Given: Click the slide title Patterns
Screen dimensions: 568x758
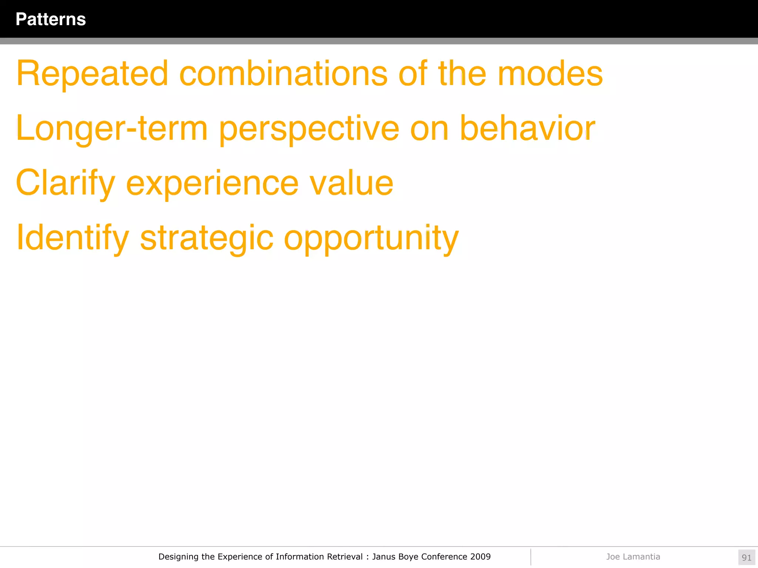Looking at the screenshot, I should (x=51, y=19).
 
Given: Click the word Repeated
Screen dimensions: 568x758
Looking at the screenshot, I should (x=93, y=74).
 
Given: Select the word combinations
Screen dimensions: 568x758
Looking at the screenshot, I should (x=283, y=74).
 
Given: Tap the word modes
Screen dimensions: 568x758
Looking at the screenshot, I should (x=550, y=74).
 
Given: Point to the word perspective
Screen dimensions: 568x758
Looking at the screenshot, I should (x=309, y=129).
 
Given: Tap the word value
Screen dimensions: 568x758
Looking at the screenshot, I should (x=351, y=183).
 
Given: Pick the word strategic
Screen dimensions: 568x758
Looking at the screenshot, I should (x=207, y=238).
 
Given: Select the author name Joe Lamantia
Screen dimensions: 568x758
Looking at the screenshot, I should (x=633, y=557).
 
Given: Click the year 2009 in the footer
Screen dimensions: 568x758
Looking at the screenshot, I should (x=480, y=557).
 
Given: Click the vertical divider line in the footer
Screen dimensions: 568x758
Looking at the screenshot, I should (x=531, y=557).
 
